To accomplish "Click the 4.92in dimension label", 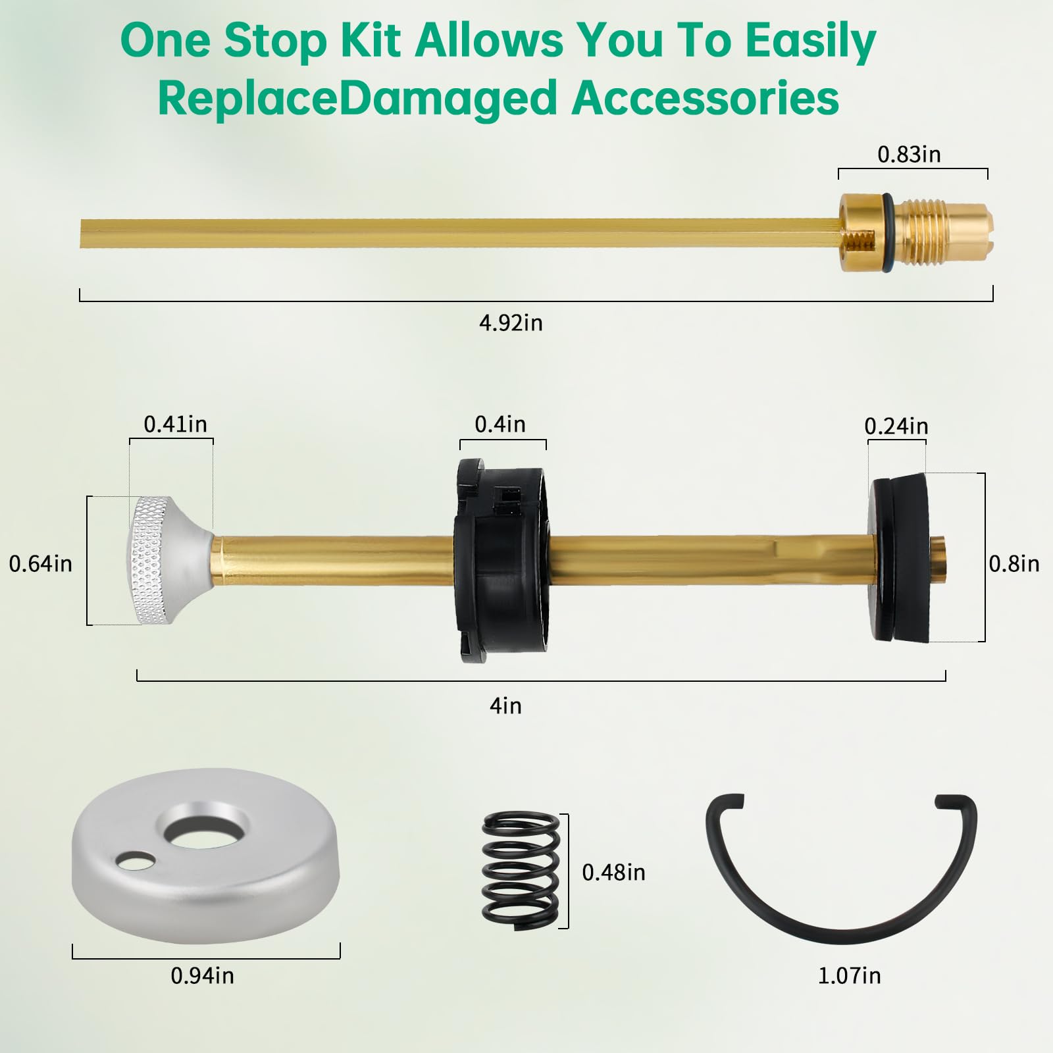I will click(x=511, y=323).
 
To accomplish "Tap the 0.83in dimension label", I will click(x=909, y=155).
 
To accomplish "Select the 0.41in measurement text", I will click(x=175, y=424).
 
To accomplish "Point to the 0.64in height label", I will click(x=40, y=564).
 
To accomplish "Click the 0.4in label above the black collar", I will click(x=500, y=424).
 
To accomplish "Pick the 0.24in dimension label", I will click(x=896, y=426).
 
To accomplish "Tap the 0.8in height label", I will click(x=1014, y=564).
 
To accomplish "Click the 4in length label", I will click(x=505, y=706).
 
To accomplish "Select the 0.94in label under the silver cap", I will click(x=202, y=975).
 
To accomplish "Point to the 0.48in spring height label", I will click(x=613, y=873).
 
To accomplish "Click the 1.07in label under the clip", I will click(x=849, y=975).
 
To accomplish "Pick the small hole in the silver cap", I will click(x=138, y=860).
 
